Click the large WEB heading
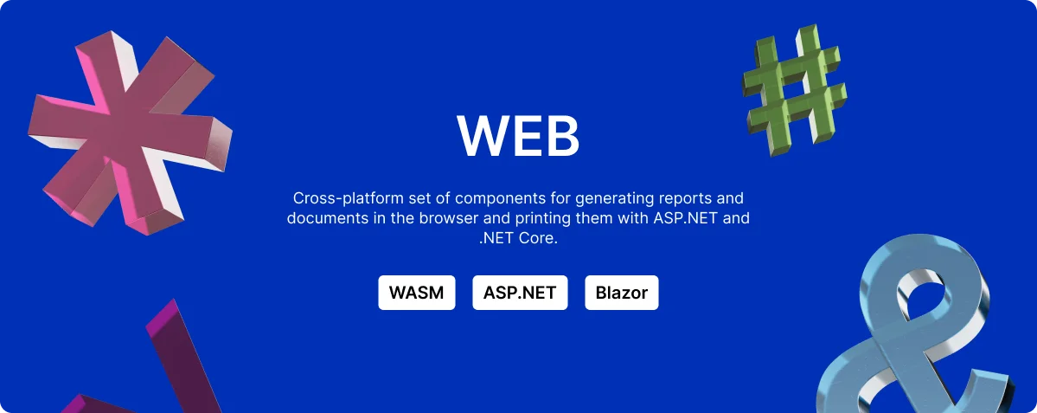tap(518, 136)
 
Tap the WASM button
tap(417, 293)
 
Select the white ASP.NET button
tap(520, 293)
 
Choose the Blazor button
tap(622, 293)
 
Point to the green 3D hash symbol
tap(794, 91)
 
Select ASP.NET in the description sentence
tap(684, 218)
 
